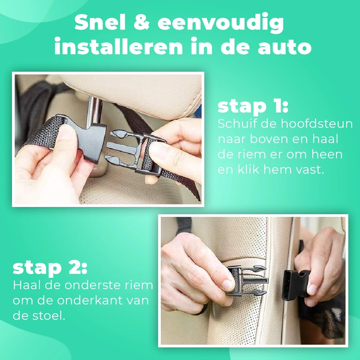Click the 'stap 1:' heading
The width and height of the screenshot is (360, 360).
point(253,107)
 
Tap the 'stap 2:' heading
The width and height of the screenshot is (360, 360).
point(50,268)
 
